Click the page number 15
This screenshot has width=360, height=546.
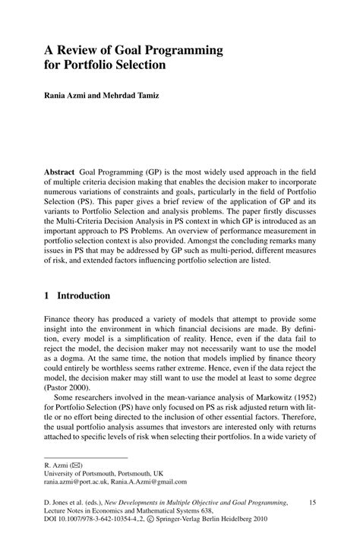pos(316,503)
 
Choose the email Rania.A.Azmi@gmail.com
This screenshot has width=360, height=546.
pos(153,480)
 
